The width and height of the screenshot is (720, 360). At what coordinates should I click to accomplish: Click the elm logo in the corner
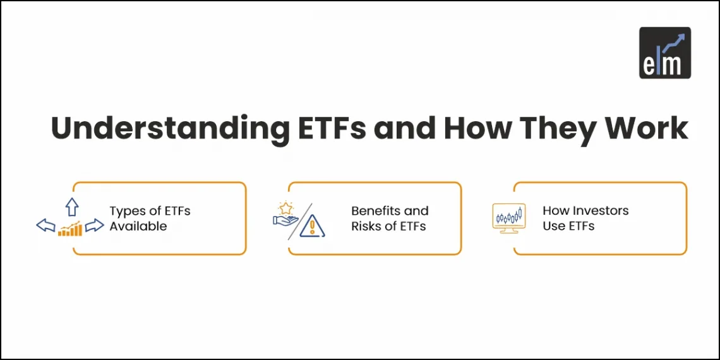pos(664,52)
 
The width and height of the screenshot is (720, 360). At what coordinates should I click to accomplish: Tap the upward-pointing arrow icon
pos(71,206)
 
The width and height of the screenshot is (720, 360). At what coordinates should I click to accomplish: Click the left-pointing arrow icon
pos(45,225)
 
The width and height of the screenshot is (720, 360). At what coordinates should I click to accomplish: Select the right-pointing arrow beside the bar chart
pos(95,225)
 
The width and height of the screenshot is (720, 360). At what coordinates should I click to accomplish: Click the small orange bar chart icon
pos(70,229)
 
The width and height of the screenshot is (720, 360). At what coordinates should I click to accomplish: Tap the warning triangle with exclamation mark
pos(312,226)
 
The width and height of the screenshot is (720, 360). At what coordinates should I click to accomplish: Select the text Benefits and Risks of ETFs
pos(390,219)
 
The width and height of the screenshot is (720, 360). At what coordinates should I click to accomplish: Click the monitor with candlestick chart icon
pos(508,219)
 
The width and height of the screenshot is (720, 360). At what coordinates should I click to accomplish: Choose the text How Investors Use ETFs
pos(585,219)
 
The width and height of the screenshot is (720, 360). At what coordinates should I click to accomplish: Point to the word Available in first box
pos(138,226)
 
